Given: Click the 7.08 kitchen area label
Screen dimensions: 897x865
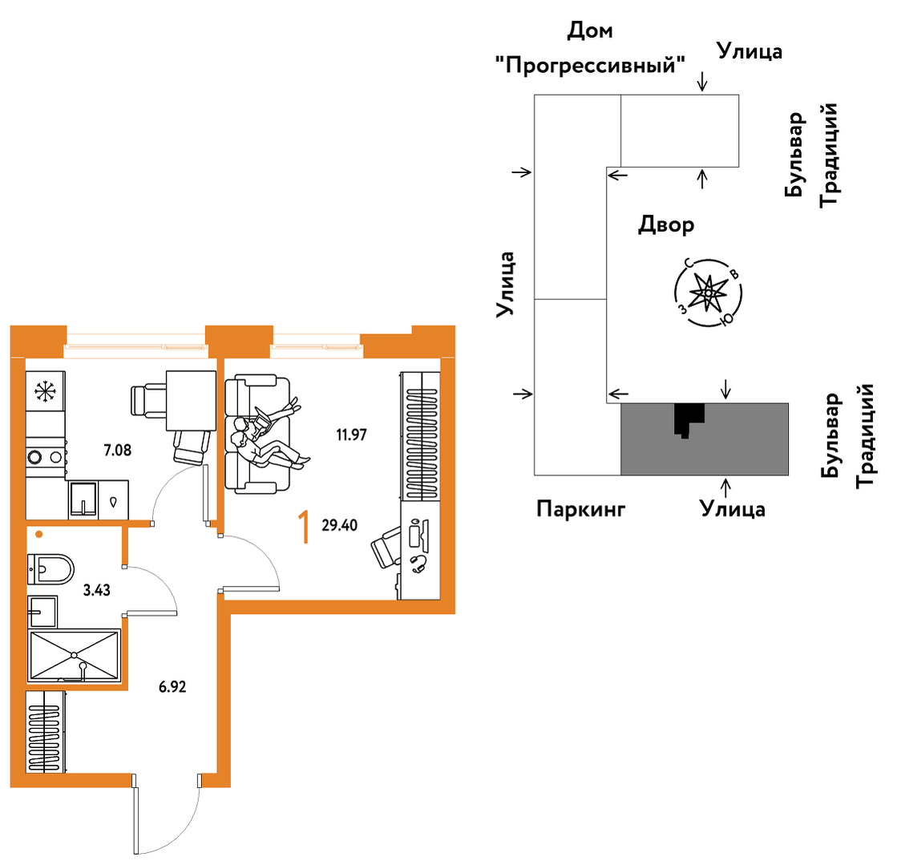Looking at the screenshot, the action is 117,451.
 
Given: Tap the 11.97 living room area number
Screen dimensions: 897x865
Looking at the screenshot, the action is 351,435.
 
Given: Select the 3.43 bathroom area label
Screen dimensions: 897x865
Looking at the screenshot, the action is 97,590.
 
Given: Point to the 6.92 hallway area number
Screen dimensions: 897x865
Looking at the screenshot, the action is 172,686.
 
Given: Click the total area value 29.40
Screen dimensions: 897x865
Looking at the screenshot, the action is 339,525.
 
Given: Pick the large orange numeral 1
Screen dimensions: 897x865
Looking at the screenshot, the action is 305,527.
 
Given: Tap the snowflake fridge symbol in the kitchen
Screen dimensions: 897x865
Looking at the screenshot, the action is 45,391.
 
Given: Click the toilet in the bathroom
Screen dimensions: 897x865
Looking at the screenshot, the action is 51,569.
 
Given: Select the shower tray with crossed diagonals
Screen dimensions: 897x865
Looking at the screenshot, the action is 75,655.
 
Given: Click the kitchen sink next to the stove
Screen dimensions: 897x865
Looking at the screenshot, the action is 83,499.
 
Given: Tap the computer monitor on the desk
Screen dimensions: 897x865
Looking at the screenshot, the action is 414,533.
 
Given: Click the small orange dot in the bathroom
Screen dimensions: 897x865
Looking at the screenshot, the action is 39,535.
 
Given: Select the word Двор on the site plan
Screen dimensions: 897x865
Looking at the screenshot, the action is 666,224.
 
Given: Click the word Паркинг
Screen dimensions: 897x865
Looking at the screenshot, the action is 580,508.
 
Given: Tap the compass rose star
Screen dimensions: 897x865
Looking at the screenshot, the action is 708,293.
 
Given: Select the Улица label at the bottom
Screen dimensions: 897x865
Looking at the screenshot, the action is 732,508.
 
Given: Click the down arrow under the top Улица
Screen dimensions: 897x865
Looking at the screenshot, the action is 702,81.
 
